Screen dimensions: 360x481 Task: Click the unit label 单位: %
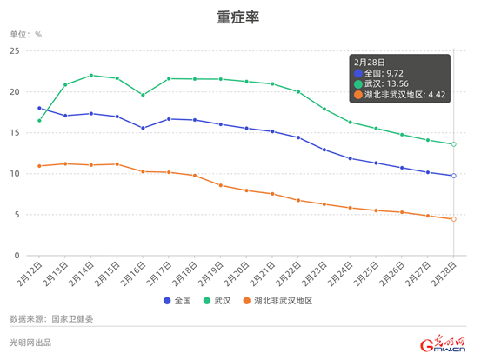click(x=25, y=35)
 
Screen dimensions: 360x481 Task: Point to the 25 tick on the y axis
click(x=13, y=51)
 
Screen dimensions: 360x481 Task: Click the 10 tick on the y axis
click(x=13, y=174)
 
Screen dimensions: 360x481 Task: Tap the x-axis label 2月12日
click(x=30, y=276)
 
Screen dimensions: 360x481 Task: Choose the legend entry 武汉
click(x=217, y=300)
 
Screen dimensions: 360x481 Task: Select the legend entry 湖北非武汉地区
click(x=276, y=300)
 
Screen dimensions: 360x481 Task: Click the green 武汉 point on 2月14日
click(x=91, y=76)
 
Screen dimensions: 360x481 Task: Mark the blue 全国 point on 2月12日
click(x=39, y=108)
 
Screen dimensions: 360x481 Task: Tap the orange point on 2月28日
click(x=453, y=219)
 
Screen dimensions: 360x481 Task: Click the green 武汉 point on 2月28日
click(x=453, y=144)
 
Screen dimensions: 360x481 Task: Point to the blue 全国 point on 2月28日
click(x=453, y=176)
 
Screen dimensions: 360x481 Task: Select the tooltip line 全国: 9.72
click(x=387, y=73)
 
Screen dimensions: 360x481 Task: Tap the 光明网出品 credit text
click(x=30, y=343)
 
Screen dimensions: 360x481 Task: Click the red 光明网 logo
click(x=443, y=344)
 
